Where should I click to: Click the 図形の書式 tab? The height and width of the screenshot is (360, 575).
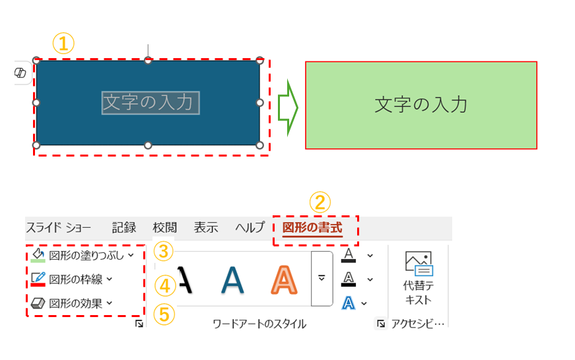tap(312, 229)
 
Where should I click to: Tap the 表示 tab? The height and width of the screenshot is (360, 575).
tap(206, 228)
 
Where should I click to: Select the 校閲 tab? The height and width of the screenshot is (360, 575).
tap(164, 228)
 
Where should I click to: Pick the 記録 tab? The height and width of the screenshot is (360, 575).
tap(124, 228)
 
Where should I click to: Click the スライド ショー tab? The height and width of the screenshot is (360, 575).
tap(59, 228)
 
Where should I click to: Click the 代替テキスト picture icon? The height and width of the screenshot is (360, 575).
tap(418, 263)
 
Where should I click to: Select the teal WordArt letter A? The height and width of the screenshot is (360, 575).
tap(232, 279)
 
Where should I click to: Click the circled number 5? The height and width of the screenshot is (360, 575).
tap(165, 314)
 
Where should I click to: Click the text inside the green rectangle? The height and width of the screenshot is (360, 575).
tap(421, 105)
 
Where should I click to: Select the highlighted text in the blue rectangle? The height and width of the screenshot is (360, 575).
tap(150, 102)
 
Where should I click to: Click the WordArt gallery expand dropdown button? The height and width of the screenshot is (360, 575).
tap(321, 278)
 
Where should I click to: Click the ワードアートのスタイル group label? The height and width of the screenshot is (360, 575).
tap(259, 324)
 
